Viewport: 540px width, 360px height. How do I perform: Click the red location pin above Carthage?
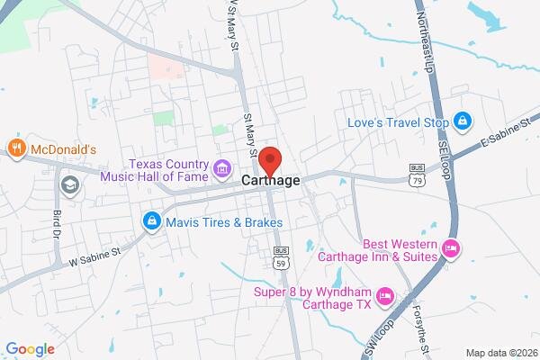click(271, 160)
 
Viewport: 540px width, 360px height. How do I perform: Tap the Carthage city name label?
click(271, 181)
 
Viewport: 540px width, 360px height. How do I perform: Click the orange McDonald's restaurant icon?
click(15, 148)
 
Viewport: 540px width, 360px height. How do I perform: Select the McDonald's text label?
click(63, 148)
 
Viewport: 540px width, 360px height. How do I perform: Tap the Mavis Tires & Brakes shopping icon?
click(151, 221)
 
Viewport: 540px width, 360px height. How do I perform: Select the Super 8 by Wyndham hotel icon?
click(384, 294)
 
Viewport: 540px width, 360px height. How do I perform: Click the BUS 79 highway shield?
click(417, 176)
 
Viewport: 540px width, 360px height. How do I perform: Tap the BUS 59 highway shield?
click(281, 256)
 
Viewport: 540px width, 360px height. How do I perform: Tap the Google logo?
click(30, 349)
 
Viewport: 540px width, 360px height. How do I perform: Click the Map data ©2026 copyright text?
click(499, 352)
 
